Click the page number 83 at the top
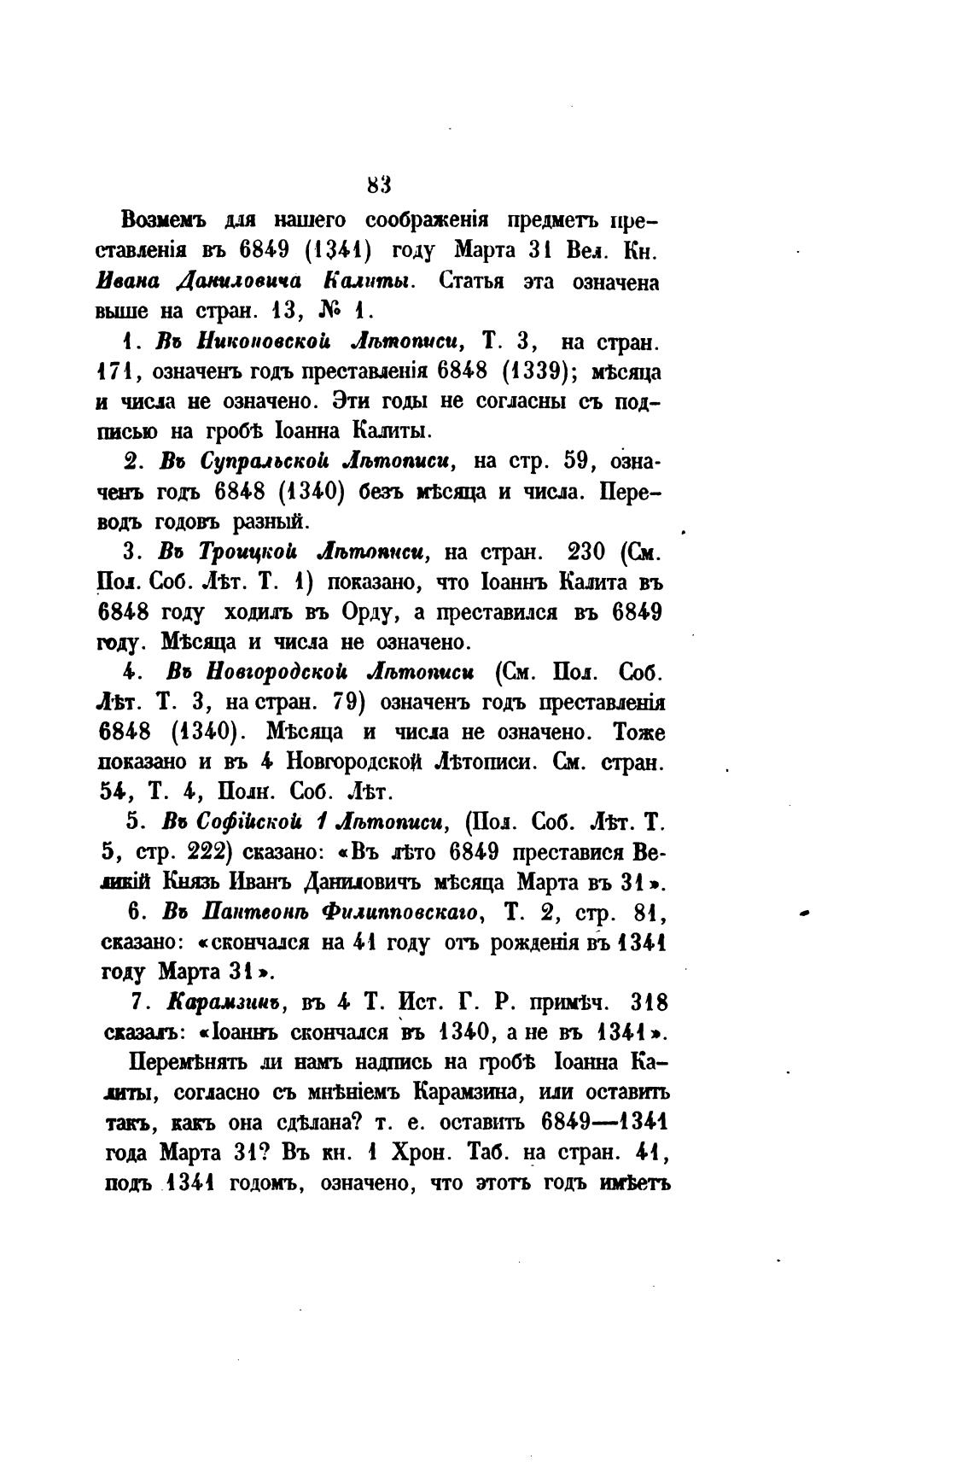[x=378, y=184]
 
